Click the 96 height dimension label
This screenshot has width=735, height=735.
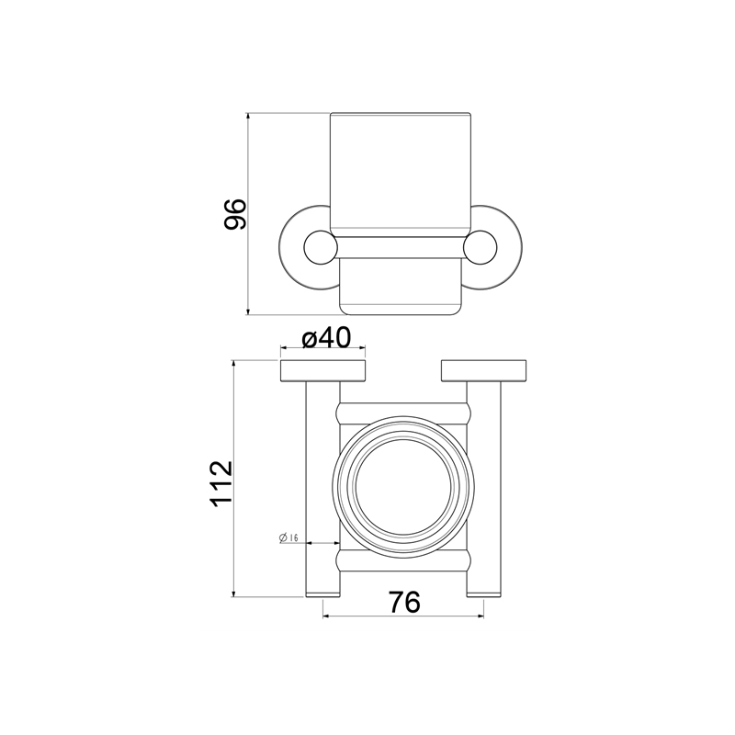point(235,214)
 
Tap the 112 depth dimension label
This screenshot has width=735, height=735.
point(221,483)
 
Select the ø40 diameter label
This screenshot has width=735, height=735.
point(326,337)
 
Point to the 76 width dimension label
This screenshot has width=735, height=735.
point(404,602)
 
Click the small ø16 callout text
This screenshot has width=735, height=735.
point(288,537)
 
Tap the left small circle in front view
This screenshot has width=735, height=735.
point(321,247)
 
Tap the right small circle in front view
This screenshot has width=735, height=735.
point(481,247)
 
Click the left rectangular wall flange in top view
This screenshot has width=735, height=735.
point(323,371)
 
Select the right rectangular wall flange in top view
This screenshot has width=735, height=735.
point(484,371)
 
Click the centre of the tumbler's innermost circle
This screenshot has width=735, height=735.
point(403,487)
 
